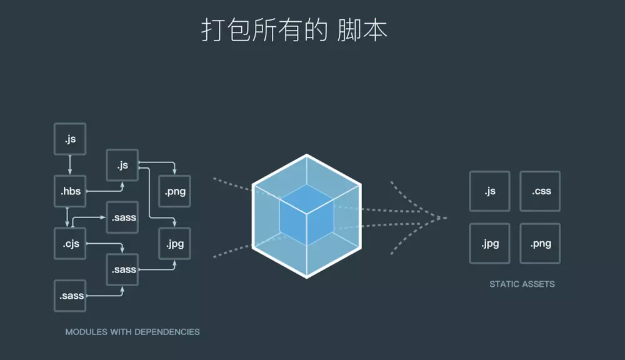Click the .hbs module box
pyautogui.click(x=71, y=191)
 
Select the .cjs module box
pyautogui.click(x=71, y=244)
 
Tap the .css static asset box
pyautogui.click(x=540, y=191)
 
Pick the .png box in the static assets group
pyautogui.click(x=540, y=243)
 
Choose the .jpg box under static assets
pyautogui.click(x=490, y=243)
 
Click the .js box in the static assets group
pyautogui.click(x=490, y=191)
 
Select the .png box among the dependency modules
pyautogui.click(x=174, y=191)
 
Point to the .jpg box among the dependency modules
pyautogui.click(x=174, y=244)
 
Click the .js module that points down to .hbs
pyautogui.click(x=70, y=139)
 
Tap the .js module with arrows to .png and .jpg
pyautogui.click(x=122, y=165)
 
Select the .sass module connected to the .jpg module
pyautogui.click(x=122, y=269)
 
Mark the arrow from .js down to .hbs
pyautogui.click(x=70, y=165)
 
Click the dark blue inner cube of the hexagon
pyautogui.click(x=306, y=216)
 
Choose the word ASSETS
pyautogui.click(x=539, y=284)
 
